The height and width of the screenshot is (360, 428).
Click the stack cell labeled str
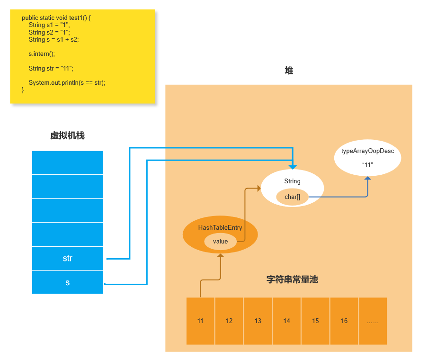67,259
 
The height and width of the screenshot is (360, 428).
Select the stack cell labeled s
67,282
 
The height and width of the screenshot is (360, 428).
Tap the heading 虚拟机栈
67,136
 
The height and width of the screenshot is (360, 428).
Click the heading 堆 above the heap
289,71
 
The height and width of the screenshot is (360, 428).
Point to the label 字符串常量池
292,279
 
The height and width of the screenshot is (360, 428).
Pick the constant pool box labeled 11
200,321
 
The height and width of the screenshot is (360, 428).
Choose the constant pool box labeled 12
229,321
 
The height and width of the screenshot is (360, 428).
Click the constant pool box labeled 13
258,321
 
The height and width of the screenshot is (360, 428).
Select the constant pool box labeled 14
286,321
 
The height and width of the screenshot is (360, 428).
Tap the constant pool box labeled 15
315,321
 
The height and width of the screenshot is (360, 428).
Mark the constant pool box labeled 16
344,321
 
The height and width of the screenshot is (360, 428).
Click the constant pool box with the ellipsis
373,321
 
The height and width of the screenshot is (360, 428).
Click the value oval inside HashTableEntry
220,242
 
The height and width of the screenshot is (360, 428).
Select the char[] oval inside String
292,197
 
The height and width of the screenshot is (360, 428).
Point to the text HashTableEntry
220,228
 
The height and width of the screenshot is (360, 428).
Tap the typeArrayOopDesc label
367,151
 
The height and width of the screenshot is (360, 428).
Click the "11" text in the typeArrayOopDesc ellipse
367,165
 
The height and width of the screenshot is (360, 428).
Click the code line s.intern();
42,54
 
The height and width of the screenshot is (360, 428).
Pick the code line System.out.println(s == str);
67,83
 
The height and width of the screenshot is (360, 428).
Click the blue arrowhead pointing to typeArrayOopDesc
367,178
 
